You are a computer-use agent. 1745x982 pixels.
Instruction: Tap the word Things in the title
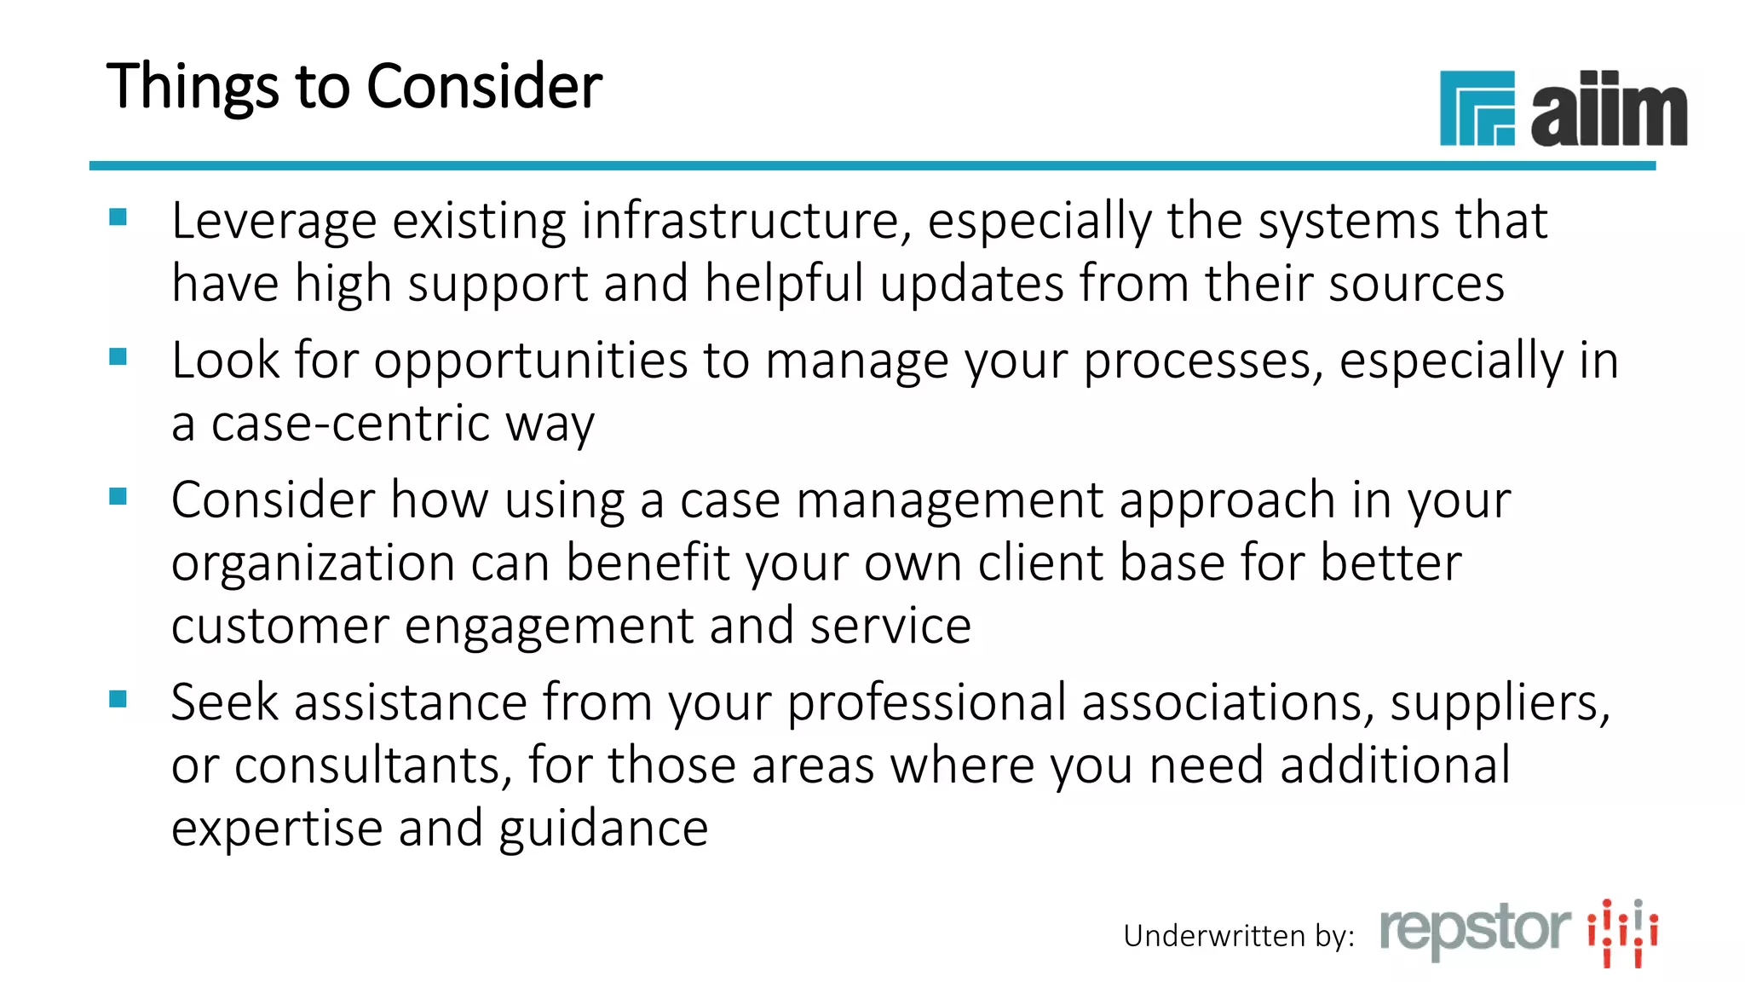(x=193, y=89)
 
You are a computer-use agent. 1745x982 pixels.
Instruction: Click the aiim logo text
(x=1609, y=109)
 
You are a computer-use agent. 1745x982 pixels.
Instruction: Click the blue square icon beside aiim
(x=1477, y=108)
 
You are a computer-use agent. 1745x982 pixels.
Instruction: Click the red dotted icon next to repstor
(x=1622, y=933)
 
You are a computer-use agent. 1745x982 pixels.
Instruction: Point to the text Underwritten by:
(x=1238, y=936)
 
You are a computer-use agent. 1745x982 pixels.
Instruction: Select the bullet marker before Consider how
(x=118, y=496)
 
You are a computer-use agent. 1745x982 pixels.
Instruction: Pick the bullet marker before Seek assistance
(x=118, y=699)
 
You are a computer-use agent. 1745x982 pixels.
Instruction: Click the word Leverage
(x=274, y=222)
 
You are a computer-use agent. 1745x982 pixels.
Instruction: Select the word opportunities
(x=530, y=361)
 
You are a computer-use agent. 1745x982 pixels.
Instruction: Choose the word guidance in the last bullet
(x=603, y=829)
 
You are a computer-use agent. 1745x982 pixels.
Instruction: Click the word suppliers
(x=1500, y=704)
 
